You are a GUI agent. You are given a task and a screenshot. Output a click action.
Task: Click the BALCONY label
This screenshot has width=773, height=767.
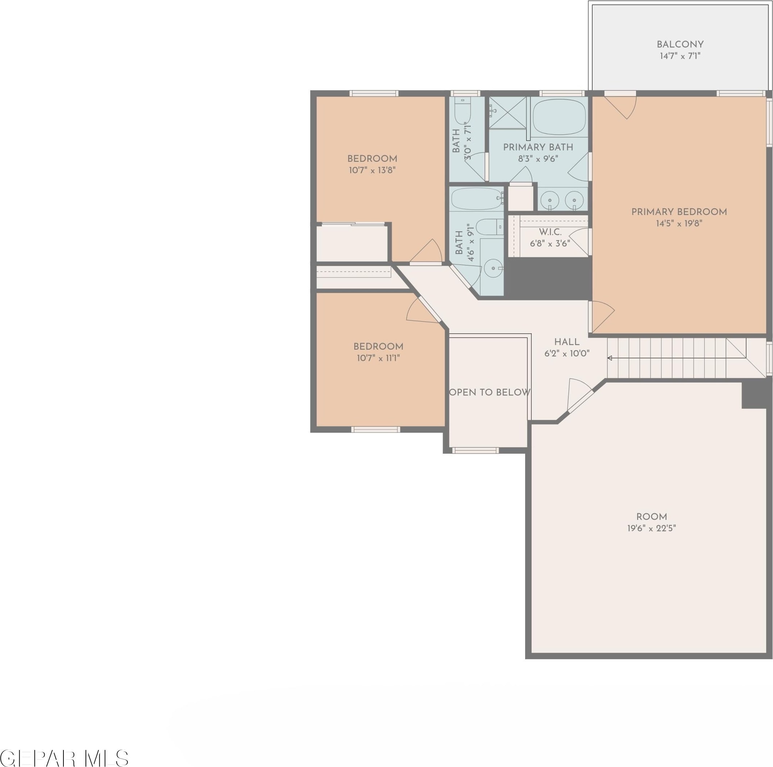[680, 45]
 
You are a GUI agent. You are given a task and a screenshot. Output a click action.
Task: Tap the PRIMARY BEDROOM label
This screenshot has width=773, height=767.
[679, 212]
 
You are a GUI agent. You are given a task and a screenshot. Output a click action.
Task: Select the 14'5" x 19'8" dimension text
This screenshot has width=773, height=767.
[679, 223]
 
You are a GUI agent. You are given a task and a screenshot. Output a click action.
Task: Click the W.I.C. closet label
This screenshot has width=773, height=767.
[550, 232]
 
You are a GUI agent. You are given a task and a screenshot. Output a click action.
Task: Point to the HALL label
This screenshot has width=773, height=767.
[567, 342]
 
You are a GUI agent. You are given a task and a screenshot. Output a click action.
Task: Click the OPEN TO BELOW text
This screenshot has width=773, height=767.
[490, 392]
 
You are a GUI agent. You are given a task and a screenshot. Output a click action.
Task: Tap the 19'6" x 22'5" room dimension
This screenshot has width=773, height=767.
[652, 528]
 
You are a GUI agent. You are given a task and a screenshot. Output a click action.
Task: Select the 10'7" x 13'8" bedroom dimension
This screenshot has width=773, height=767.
[372, 170]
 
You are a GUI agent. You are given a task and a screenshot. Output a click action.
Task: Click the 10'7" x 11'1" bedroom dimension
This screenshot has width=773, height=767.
[378, 358]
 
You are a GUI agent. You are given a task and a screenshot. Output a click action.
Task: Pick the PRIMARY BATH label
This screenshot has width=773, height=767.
[538, 147]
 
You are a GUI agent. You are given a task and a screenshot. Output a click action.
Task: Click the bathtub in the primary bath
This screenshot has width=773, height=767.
[559, 117]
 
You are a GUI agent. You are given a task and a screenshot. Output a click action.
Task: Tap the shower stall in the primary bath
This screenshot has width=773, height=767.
[507, 113]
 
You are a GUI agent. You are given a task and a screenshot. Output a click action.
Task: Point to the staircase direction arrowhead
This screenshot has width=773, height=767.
[610, 358]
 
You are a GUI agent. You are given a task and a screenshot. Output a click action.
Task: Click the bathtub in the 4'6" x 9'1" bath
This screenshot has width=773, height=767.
[477, 199]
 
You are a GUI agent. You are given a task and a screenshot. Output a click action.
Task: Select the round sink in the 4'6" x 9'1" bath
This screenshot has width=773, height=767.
[493, 268]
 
